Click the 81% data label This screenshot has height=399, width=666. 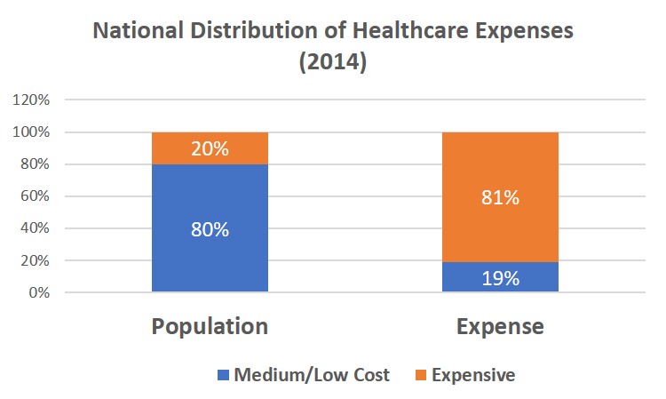tap(500, 198)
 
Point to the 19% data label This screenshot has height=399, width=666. tap(500, 278)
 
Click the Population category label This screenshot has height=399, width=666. tap(210, 326)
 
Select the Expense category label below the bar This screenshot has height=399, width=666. tap(501, 326)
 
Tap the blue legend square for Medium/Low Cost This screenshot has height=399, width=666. tap(222, 375)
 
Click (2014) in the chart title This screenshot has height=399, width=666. tap(333, 64)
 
